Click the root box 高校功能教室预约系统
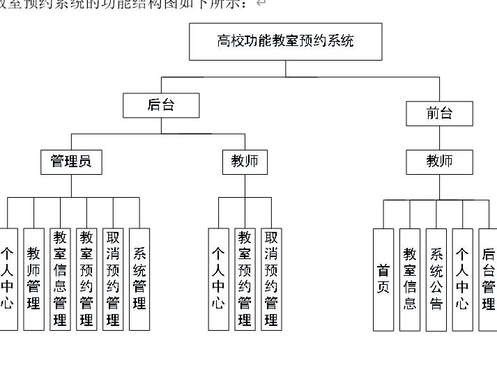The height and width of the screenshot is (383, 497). click(x=285, y=41)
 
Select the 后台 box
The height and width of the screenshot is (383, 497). click(x=161, y=105)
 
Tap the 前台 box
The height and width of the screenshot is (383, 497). click(x=439, y=114)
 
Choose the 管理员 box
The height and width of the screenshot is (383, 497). click(x=70, y=162)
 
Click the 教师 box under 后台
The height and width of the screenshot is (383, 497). click(x=245, y=162)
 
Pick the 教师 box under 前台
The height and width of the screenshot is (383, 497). click(x=439, y=162)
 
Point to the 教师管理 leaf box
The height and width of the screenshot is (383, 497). click(x=33, y=279)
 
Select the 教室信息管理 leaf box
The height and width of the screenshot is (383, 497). click(x=60, y=279)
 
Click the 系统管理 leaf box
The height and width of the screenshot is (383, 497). click(x=139, y=279)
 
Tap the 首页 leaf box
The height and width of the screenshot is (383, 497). click(x=383, y=279)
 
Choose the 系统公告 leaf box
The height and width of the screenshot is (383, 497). click(x=436, y=279)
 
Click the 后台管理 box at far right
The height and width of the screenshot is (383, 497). click(x=489, y=279)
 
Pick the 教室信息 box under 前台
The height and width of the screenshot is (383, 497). click(x=410, y=279)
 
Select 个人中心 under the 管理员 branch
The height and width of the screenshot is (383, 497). click(x=8, y=279)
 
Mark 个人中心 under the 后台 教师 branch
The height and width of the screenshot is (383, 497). click(x=218, y=279)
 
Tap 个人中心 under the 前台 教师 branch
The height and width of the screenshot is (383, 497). click(x=462, y=279)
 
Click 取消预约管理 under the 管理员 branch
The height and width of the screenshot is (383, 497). click(x=113, y=279)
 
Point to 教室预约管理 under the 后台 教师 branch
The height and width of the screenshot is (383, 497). click(x=245, y=279)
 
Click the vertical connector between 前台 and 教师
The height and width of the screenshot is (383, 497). click(x=439, y=138)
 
